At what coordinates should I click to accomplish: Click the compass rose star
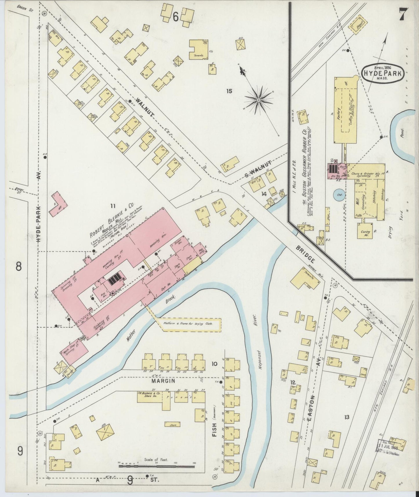coord(258,100)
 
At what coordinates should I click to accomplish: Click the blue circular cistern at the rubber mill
coord(339,195)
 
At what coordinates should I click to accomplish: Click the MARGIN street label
coord(163,381)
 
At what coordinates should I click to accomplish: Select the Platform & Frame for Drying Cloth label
coord(188,323)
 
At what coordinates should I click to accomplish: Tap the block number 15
coord(229,91)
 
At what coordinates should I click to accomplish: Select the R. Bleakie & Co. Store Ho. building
coord(149,397)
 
